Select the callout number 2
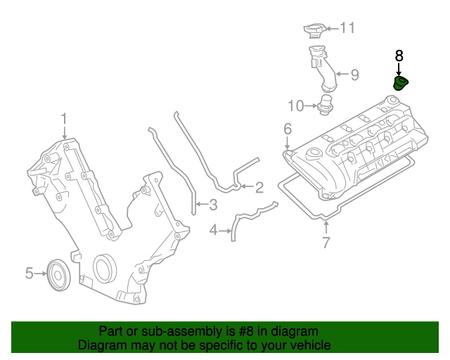(x=259, y=187)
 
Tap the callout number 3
(x=213, y=205)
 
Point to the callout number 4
(x=213, y=229)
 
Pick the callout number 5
(x=30, y=273)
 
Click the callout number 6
(x=287, y=129)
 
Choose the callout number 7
(x=326, y=244)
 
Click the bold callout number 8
(x=399, y=55)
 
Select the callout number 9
(x=354, y=74)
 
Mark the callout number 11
(x=348, y=28)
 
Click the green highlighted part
(x=401, y=84)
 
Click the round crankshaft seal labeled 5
(x=57, y=274)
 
